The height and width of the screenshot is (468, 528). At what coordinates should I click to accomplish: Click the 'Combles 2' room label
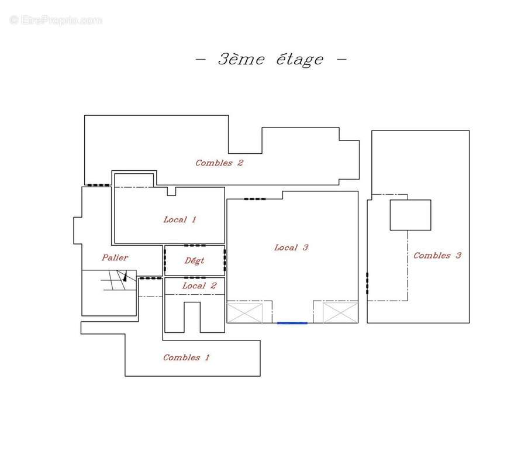(219, 163)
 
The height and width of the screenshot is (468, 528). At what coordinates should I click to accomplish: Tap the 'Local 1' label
(180, 220)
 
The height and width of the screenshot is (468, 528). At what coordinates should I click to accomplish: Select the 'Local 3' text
(291, 247)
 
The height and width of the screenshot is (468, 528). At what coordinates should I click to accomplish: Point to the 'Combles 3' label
(437, 256)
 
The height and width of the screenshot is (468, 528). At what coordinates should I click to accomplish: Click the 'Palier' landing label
(115, 258)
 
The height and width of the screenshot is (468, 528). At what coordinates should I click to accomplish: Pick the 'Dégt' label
(194, 260)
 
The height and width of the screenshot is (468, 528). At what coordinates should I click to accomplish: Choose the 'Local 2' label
(199, 285)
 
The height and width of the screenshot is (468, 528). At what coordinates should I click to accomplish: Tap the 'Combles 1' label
(186, 357)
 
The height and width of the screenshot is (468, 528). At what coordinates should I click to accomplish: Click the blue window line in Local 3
(292, 323)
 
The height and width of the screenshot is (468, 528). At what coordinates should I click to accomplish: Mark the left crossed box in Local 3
(245, 313)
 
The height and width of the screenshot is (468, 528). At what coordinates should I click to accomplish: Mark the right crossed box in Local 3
(340, 313)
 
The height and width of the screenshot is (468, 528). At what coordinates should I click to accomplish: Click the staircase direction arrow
(125, 276)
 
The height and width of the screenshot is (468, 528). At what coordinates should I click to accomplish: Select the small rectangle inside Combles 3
(410, 215)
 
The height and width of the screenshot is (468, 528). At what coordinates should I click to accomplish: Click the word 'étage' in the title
(300, 60)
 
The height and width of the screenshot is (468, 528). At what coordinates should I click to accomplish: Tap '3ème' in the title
(241, 59)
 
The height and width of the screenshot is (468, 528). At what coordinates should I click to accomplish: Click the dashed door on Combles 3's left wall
(367, 283)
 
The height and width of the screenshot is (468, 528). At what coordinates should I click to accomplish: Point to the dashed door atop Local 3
(254, 199)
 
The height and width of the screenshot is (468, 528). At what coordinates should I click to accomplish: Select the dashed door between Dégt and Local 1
(195, 245)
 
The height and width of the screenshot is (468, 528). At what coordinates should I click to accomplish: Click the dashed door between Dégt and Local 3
(225, 260)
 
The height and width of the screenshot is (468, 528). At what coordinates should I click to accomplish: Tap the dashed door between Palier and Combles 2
(98, 185)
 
